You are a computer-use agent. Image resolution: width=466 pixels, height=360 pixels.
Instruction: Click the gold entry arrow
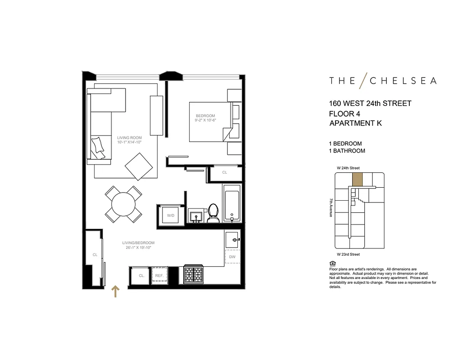click(115, 291)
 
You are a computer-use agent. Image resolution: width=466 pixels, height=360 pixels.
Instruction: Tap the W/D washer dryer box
click(171, 216)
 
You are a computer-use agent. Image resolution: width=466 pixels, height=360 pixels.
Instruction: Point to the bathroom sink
click(196, 217)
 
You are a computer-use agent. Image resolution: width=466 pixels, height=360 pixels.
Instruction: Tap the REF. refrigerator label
click(159, 275)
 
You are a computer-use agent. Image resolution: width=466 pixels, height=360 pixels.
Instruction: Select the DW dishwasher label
click(232, 257)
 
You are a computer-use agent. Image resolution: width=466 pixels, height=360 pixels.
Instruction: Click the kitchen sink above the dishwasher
click(233, 239)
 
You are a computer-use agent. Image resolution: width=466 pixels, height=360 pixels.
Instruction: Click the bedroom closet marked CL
click(225, 172)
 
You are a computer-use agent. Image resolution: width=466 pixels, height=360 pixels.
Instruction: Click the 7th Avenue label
click(331, 207)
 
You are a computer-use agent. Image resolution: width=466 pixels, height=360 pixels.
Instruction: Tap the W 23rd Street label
click(348, 255)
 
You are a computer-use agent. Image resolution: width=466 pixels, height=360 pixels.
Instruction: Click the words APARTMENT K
click(355, 123)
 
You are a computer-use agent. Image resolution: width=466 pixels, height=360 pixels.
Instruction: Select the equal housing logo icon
click(332, 263)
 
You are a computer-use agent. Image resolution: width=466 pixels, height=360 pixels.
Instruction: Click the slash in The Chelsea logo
click(363, 80)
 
